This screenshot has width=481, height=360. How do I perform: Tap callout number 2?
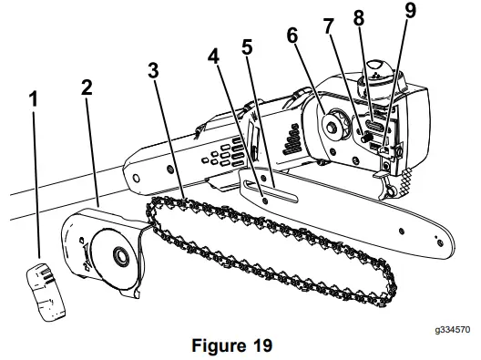[86, 88]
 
